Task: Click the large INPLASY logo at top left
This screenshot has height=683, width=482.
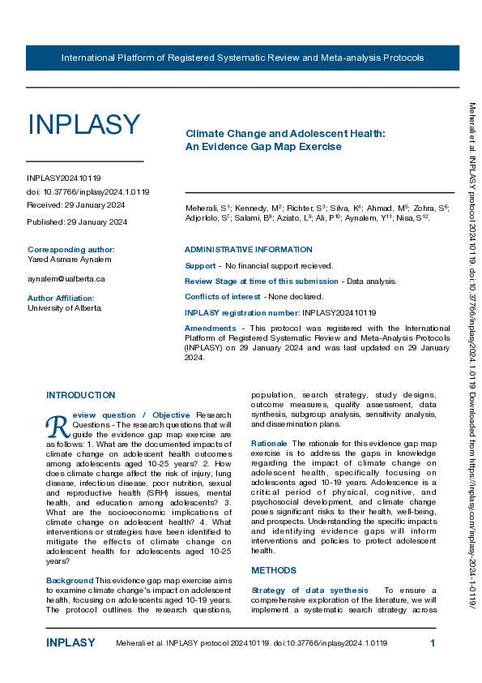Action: point(84,125)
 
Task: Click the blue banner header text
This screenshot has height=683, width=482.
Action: point(242,58)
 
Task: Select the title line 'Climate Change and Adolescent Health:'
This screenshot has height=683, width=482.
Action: point(285,132)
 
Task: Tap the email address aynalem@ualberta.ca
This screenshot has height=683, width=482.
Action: point(66,278)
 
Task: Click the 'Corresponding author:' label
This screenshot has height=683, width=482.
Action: point(71,249)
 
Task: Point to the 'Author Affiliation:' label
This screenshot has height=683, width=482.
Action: point(61,298)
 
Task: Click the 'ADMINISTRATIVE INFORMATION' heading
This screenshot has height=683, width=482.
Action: point(248,249)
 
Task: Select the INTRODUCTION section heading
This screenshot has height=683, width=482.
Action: point(80,395)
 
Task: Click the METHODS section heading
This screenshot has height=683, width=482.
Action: point(274,570)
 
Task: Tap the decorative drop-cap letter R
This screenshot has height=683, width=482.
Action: point(56,423)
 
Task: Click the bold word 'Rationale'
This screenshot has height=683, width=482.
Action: point(269,444)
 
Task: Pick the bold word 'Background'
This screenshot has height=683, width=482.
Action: point(70,580)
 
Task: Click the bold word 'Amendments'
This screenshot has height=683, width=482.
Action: point(211,327)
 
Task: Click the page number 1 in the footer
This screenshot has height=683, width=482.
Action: point(433,643)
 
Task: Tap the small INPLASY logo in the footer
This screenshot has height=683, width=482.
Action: point(70,643)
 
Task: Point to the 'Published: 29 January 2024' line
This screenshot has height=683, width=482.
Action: point(77,221)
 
